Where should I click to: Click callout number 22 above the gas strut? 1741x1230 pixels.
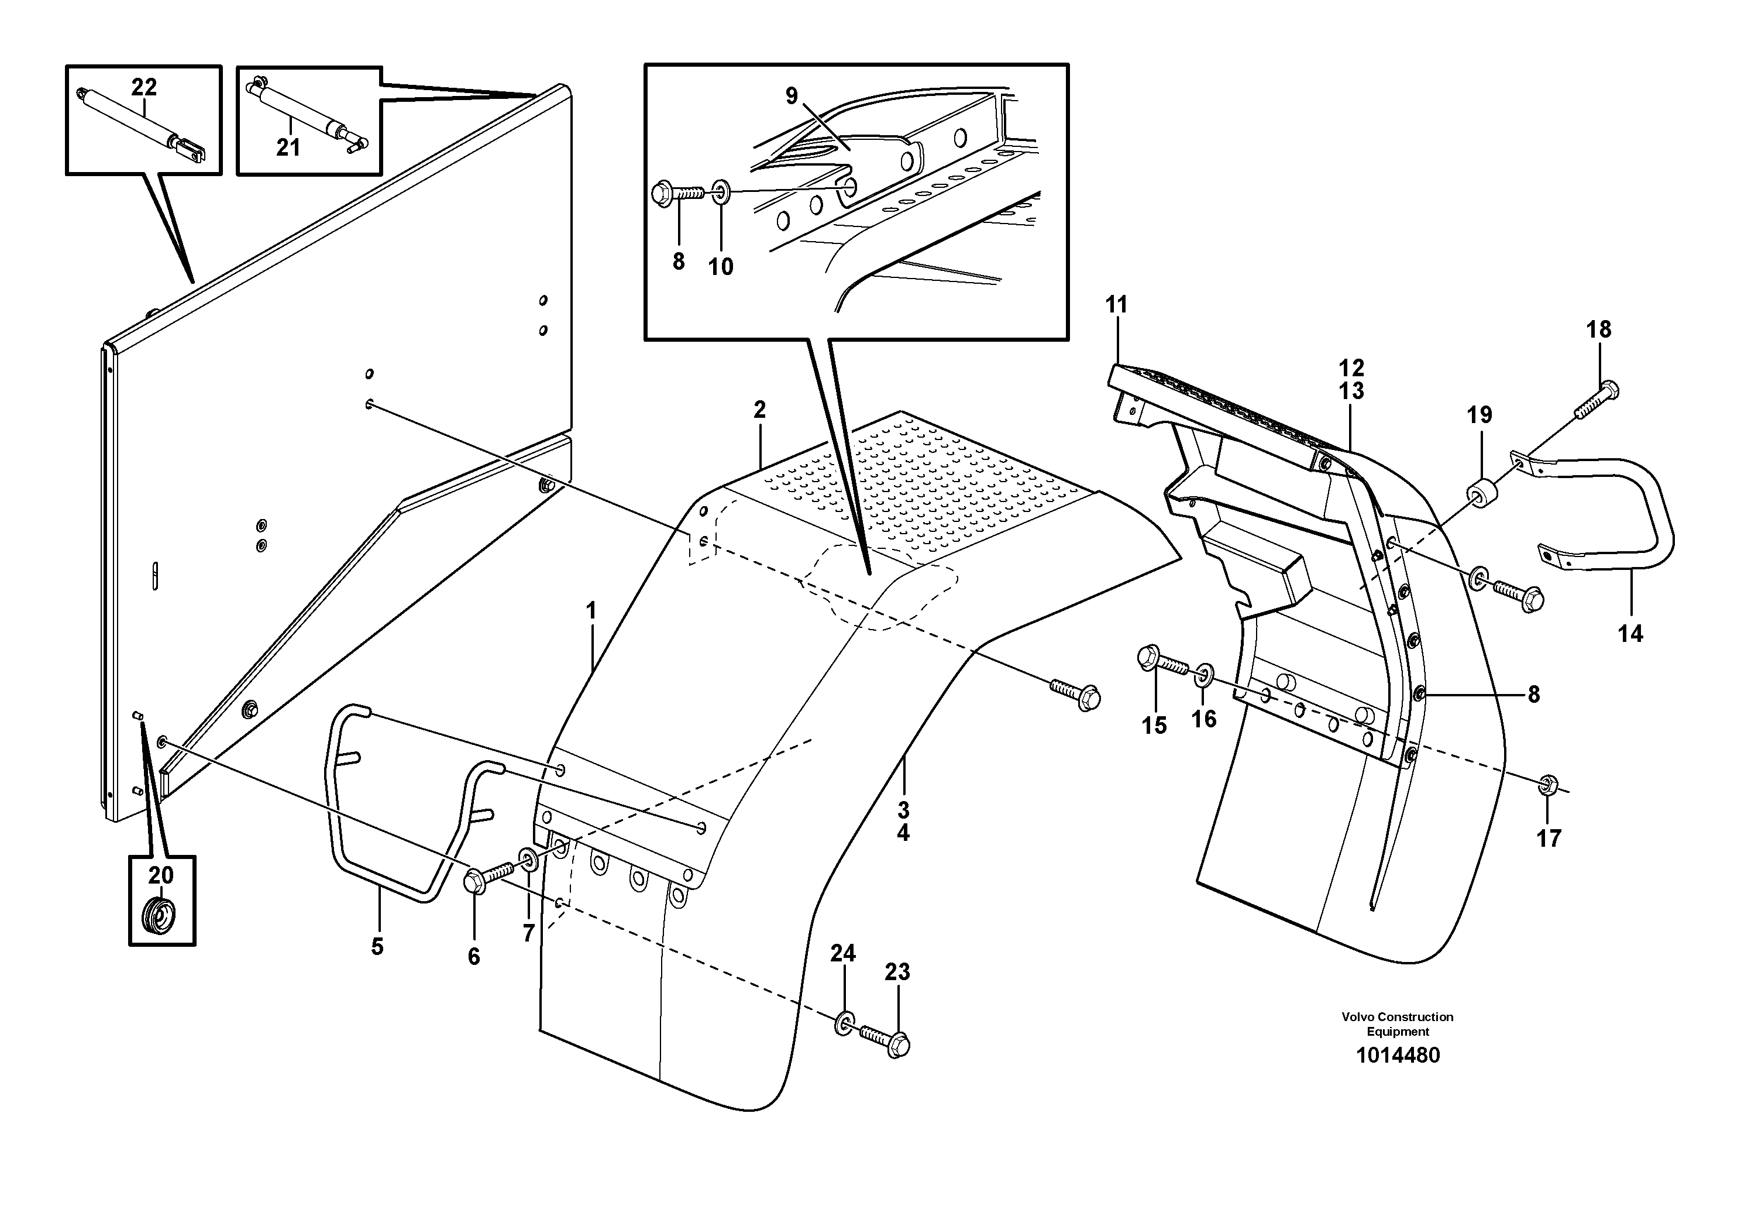tap(143, 88)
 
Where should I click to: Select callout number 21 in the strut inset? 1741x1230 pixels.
tap(288, 147)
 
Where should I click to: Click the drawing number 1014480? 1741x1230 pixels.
tap(1397, 1055)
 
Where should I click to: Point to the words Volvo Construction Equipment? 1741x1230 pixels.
tap(1397, 1024)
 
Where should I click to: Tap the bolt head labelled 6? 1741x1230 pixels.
tap(476, 882)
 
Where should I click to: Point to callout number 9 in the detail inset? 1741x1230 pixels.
tap(791, 97)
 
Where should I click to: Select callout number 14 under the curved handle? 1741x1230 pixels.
tap(1630, 633)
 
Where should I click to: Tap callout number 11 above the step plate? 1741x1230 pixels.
tap(1116, 305)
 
